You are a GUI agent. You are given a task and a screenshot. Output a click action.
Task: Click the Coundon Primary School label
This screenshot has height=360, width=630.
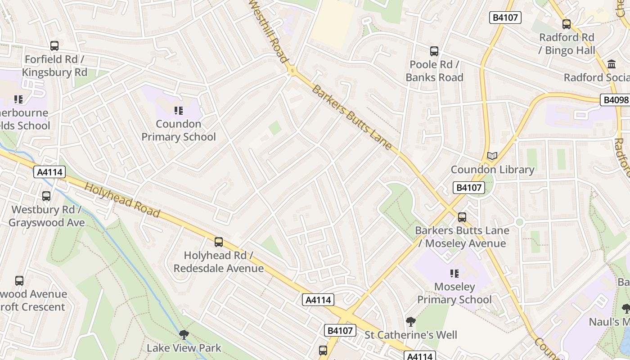(179, 130)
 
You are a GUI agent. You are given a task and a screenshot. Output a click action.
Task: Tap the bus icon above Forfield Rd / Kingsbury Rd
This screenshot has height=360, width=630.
(54, 46)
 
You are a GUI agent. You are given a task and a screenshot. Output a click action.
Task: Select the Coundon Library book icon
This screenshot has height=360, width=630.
(492, 156)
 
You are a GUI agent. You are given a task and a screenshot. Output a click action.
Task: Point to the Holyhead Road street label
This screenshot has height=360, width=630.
(122, 200)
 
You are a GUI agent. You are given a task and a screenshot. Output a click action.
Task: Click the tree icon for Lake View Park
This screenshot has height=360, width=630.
(184, 335)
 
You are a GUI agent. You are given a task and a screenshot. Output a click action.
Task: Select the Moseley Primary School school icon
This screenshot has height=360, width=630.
(454, 273)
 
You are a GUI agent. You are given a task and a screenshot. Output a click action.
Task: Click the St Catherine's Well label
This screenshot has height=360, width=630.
(410, 335)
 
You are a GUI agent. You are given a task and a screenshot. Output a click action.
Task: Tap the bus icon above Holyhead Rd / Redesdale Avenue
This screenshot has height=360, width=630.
(219, 242)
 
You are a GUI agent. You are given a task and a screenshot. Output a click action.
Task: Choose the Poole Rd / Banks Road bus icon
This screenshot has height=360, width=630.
(434, 51)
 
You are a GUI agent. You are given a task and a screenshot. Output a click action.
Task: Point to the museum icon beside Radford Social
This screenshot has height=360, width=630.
(612, 64)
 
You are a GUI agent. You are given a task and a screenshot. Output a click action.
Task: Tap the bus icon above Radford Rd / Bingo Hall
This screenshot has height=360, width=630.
(567, 24)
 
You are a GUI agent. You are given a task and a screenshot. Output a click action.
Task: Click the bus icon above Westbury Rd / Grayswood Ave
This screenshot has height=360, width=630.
(46, 196)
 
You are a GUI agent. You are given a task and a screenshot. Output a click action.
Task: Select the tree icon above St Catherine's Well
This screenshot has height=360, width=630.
(410, 322)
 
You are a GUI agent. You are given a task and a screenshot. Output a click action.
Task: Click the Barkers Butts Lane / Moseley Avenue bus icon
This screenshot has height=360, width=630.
(462, 217)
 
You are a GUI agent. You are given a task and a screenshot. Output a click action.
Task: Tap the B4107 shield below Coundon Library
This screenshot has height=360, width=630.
(469, 188)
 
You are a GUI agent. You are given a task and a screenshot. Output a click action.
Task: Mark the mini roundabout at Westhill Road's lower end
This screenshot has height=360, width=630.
(292, 71)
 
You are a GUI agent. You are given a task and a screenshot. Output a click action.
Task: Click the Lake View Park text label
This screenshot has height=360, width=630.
(184, 348)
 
